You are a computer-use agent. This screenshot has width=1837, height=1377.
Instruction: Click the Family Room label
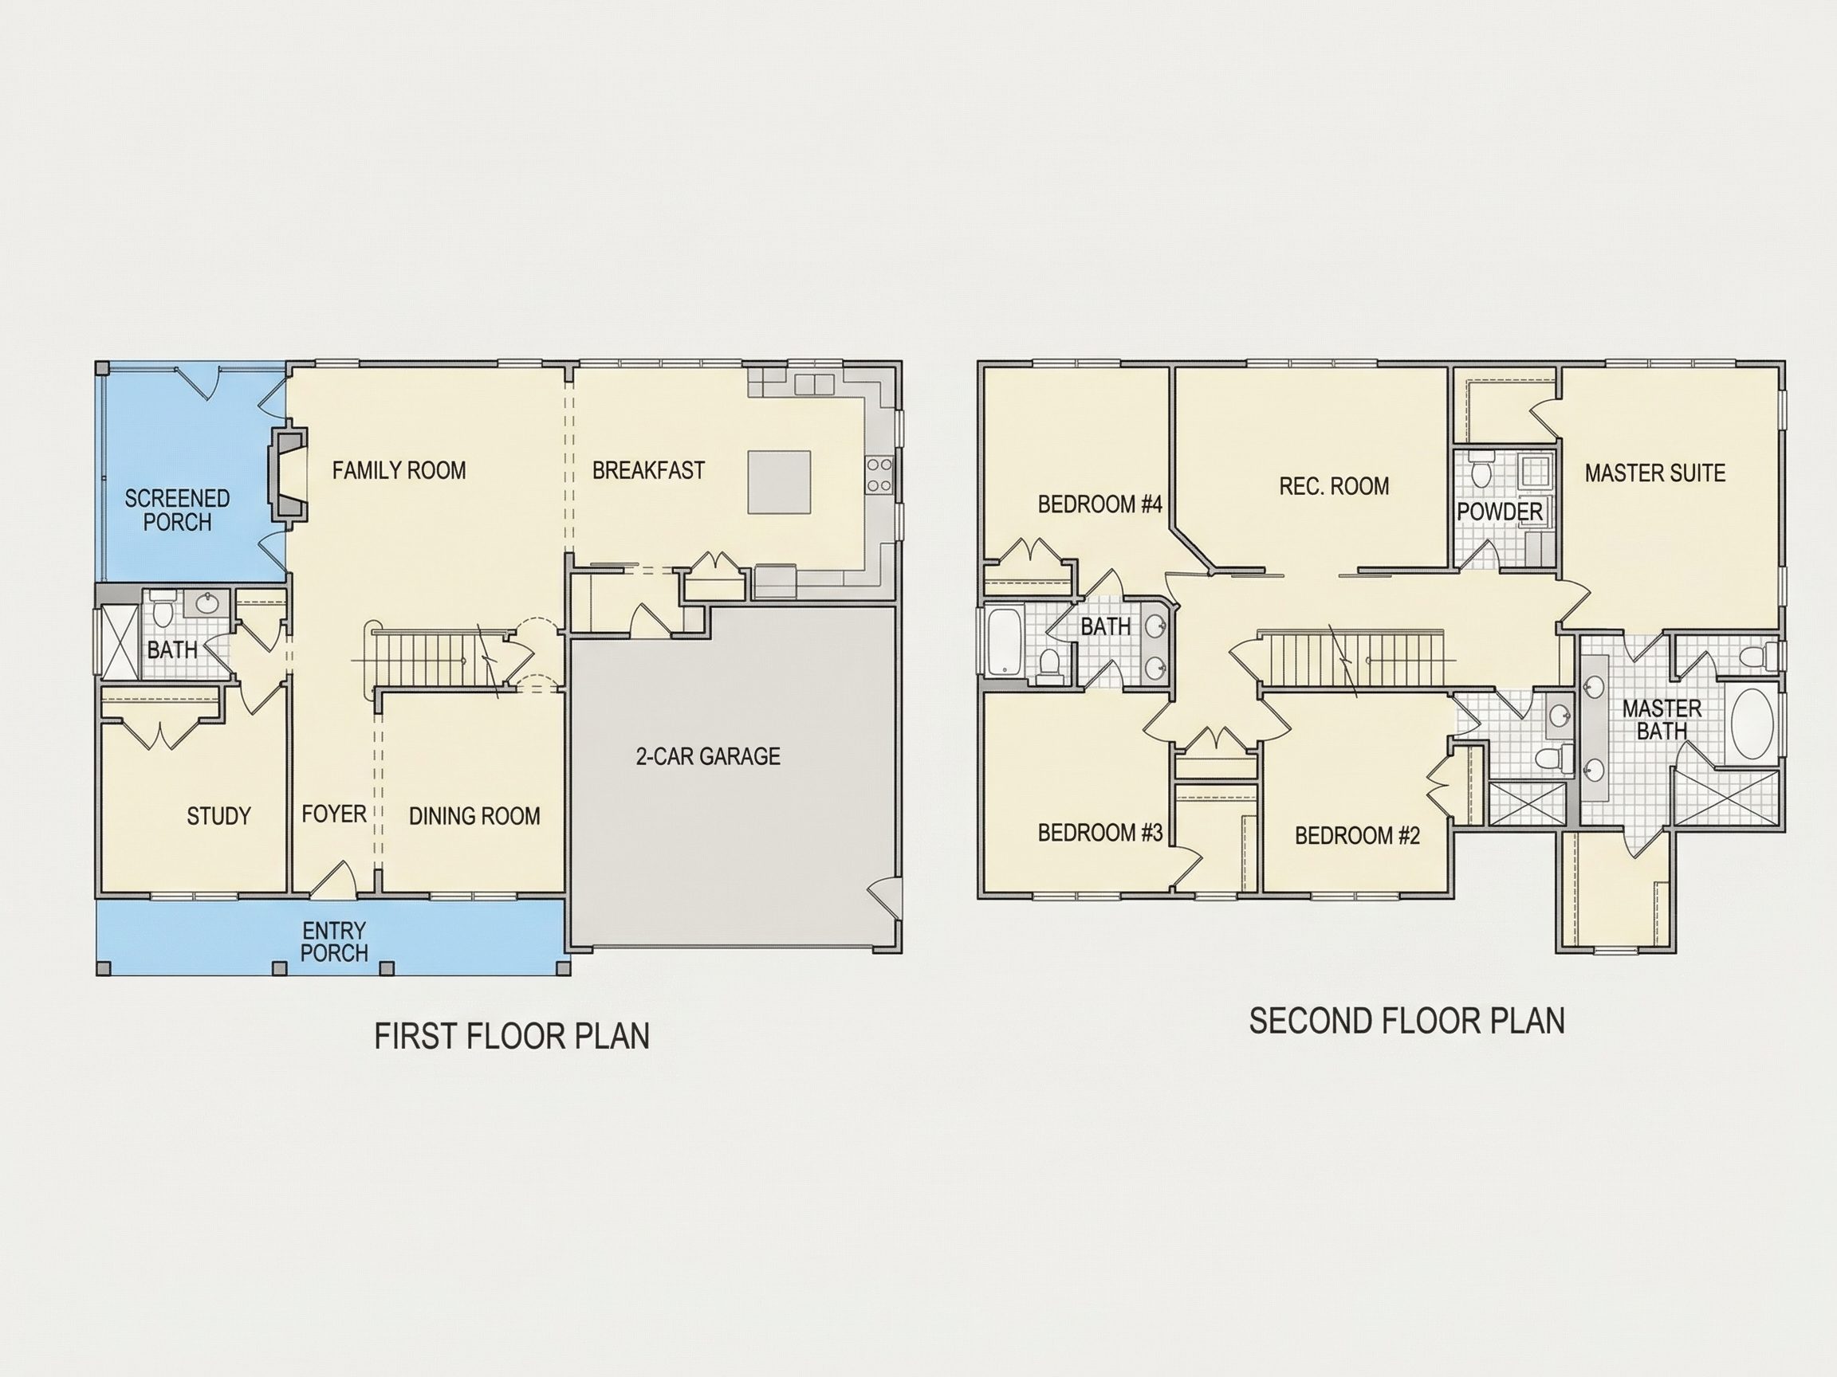(399, 471)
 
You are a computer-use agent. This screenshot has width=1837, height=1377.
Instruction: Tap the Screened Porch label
(177, 510)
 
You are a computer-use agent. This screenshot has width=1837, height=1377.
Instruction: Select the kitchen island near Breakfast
(779, 482)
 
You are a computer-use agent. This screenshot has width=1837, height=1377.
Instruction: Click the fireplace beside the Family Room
(286, 479)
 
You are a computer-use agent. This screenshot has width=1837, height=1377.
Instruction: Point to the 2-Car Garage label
(707, 756)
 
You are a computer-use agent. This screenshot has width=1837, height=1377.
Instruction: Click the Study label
(218, 817)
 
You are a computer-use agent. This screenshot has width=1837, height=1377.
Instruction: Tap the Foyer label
(334, 814)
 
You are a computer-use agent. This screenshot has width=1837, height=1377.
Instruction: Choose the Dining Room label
(474, 817)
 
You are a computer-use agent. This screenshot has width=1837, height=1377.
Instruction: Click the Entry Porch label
(334, 941)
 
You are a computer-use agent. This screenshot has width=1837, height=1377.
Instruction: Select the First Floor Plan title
(512, 1037)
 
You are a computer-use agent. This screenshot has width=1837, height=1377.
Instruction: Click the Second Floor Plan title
(1406, 1021)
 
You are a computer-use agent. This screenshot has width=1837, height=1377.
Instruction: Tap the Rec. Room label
(1334, 485)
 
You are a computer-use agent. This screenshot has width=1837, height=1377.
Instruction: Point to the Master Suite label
(1655, 473)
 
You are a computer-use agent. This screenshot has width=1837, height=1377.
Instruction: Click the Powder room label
(1500, 512)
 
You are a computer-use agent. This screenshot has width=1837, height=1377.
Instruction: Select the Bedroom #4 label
(1099, 504)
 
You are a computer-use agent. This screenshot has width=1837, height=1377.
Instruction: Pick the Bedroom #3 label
(1099, 833)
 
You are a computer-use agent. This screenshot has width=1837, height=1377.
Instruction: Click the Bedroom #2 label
(1357, 835)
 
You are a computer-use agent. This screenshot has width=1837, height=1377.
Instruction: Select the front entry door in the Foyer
(334, 880)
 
